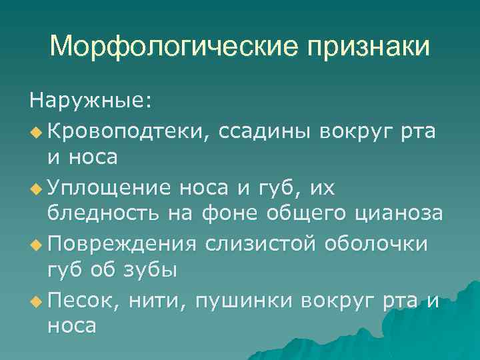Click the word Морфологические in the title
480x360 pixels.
tap(167, 47)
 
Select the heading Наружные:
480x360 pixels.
tap(91, 102)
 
